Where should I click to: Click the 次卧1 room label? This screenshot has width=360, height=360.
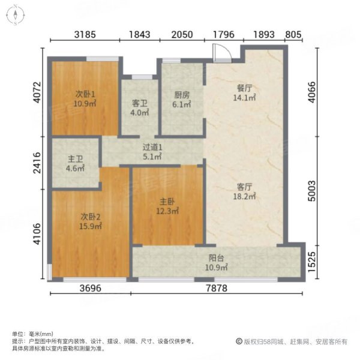(85, 94)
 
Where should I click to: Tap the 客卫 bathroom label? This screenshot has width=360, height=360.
(139, 103)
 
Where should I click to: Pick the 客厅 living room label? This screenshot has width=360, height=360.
(245, 187)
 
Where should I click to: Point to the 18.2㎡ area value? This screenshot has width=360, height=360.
(245, 196)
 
